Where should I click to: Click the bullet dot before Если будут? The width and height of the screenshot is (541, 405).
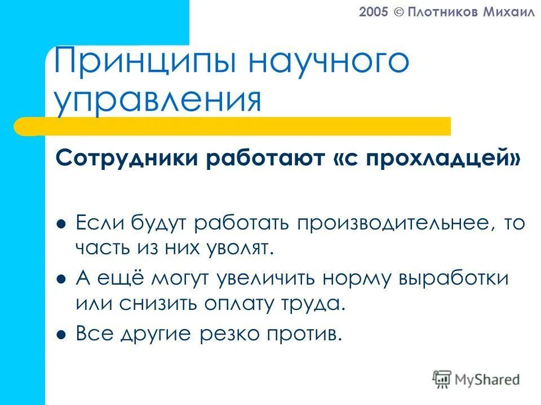pyautogui.click(x=62, y=224)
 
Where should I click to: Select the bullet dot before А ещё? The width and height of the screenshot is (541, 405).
pyautogui.click(x=62, y=278)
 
